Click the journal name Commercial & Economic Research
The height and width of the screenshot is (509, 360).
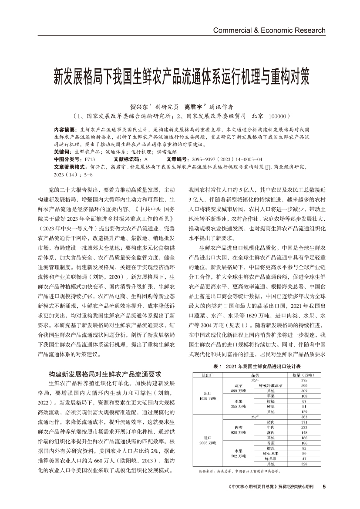point(269,30)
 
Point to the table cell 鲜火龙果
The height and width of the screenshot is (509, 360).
point(271,453)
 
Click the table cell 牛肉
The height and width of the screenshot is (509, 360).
point(271,428)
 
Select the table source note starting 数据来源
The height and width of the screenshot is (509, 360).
point(237,471)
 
